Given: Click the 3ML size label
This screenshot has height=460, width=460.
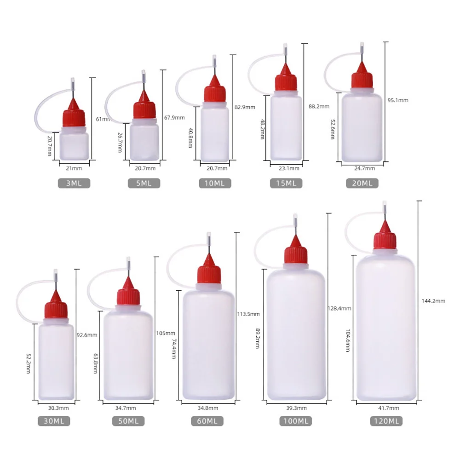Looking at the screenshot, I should (74, 183).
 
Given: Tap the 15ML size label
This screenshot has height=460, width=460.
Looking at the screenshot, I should (286, 183).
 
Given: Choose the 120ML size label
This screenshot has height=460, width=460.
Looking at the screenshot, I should (386, 420).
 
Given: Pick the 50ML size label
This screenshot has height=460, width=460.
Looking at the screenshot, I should (127, 420).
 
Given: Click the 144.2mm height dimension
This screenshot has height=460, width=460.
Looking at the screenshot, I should (433, 301).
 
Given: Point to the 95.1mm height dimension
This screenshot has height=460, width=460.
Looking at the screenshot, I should (398, 100).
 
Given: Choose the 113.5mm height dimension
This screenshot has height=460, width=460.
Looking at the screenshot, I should (248, 314).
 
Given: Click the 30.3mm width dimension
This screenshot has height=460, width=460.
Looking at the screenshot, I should (58, 408).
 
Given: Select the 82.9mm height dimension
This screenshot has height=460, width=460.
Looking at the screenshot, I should (244, 107).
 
